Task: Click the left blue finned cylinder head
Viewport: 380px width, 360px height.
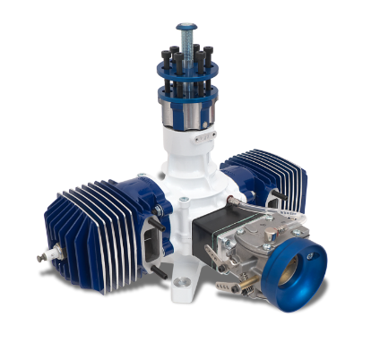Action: coord(93,227)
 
